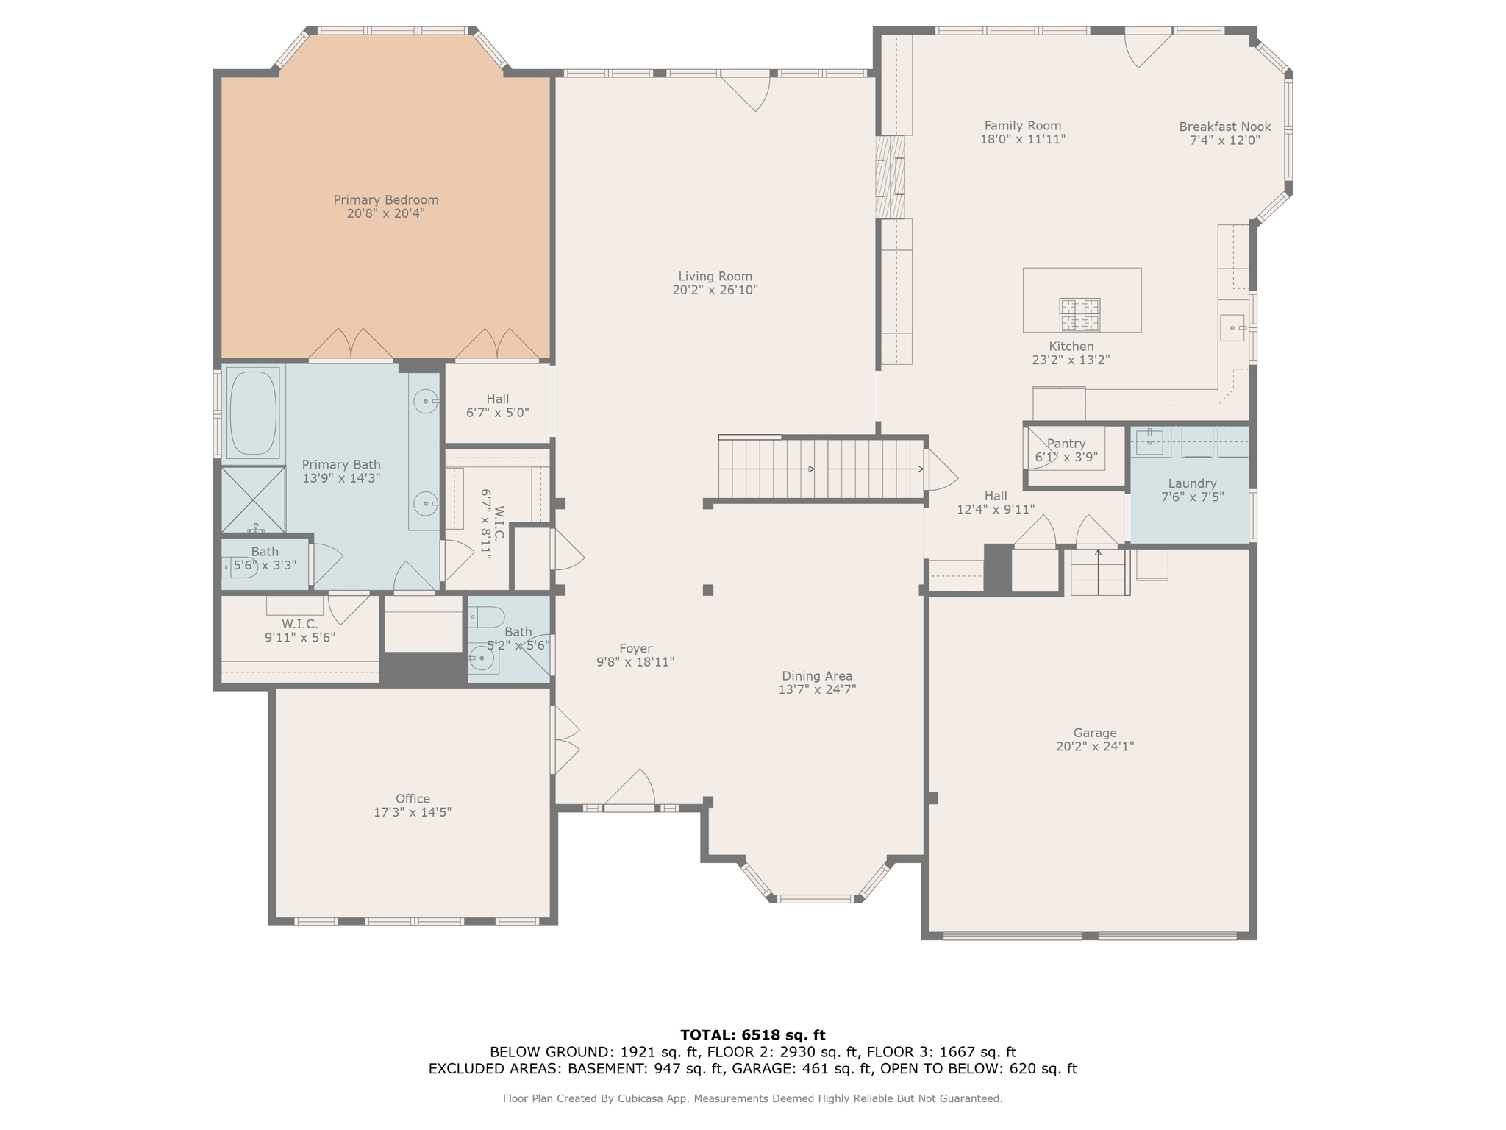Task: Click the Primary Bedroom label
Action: pos(385,200)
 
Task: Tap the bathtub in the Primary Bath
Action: pos(253,412)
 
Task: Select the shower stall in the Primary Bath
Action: pos(253,499)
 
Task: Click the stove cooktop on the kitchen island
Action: pos(1079,315)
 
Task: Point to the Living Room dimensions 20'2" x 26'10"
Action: pos(715,290)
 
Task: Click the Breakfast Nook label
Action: pos(1224,127)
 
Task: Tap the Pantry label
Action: pos(1066,444)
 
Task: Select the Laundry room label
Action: pos(1191,483)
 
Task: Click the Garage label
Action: pos(1094,733)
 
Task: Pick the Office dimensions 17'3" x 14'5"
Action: pos(412,812)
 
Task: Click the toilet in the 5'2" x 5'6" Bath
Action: pos(486,616)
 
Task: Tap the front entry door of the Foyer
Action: pos(629,806)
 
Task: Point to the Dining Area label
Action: pos(816,676)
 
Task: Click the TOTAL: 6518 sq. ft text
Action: pos(752,1035)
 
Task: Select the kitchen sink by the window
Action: pos(1232,327)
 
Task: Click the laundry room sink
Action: pos(1149,442)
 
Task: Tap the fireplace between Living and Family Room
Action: pos(890,177)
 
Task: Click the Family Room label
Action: pos(1022,126)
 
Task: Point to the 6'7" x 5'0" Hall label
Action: pos(497,399)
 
